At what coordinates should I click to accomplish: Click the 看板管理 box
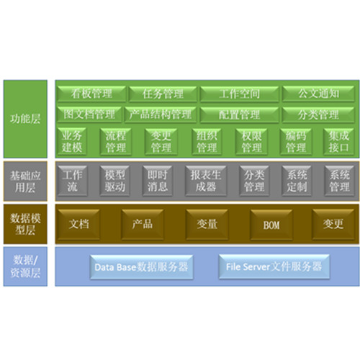(x=91, y=94)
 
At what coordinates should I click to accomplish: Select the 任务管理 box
(x=163, y=94)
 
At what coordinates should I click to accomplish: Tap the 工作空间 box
(x=239, y=94)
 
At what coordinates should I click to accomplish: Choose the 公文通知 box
(x=318, y=94)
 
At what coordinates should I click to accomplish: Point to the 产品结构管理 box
(x=161, y=114)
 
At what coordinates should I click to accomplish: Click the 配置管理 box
(x=239, y=114)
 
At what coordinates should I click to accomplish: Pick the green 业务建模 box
(x=72, y=142)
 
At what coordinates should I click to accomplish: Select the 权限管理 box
(x=251, y=142)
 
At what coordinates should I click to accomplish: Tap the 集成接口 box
(x=338, y=142)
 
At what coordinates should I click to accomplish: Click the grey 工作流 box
(x=72, y=181)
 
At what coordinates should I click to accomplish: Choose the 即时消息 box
(x=157, y=181)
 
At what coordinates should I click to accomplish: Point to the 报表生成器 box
(x=206, y=181)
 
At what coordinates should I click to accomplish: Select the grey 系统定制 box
(x=297, y=181)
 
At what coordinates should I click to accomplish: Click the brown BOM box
(x=271, y=225)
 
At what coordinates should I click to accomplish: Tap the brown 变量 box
(x=207, y=225)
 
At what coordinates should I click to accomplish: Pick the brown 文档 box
(x=78, y=225)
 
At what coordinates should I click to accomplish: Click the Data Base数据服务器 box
(x=141, y=267)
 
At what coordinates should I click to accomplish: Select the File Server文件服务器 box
(x=274, y=267)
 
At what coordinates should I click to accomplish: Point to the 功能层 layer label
(x=25, y=119)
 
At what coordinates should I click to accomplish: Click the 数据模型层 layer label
(x=25, y=224)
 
